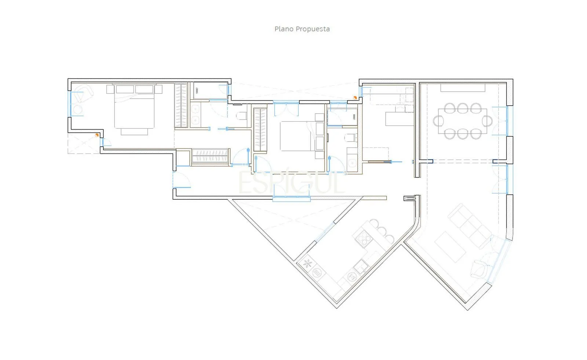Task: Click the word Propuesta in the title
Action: point(313,29)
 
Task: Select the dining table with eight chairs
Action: point(463,121)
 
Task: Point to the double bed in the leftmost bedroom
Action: point(134,106)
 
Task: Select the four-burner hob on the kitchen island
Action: point(364,239)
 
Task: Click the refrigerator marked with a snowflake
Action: point(307,263)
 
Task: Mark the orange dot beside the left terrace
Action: point(97,135)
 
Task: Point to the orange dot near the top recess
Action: point(355,98)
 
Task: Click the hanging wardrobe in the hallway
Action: point(211,157)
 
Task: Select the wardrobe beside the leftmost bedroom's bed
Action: point(181,106)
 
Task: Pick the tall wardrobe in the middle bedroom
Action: point(260,130)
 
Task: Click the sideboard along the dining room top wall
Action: point(463,88)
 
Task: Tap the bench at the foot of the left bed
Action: point(134,132)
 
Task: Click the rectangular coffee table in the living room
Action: point(450,247)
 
